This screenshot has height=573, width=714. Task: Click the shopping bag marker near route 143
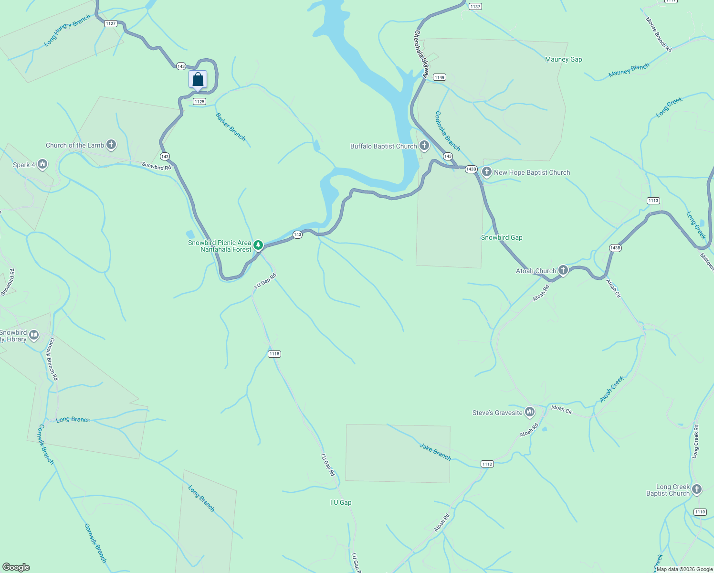pyautogui.click(x=198, y=80)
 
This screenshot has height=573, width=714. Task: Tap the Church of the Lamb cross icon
pyautogui.click(x=111, y=145)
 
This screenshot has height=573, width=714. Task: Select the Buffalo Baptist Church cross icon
pyautogui.click(x=424, y=146)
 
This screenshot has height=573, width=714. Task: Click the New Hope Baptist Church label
pyautogui.click(x=532, y=172)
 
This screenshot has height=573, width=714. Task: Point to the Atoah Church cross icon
pyautogui.click(x=563, y=270)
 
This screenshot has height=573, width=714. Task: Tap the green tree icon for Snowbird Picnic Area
pyautogui.click(x=258, y=245)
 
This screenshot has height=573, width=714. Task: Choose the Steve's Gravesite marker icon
pyautogui.click(x=529, y=412)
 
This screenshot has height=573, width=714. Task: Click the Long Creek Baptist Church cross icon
pyautogui.click(x=697, y=489)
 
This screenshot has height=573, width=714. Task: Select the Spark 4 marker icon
pyautogui.click(x=42, y=165)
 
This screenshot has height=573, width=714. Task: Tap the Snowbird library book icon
pyautogui.click(x=34, y=335)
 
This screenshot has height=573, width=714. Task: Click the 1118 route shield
pyautogui.click(x=274, y=354)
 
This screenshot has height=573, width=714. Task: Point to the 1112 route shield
pyautogui.click(x=487, y=464)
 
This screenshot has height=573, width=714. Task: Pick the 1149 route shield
pyautogui.click(x=440, y=77)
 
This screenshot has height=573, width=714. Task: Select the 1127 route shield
pyautogui.click(x=111, y=23)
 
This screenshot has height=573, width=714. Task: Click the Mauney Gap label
pyautogui.click(x=563, y=60)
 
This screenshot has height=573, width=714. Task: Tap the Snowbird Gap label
pyautogui.click(x=501, y=237)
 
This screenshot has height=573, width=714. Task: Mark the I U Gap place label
pyautogui.click(x=341, y=502)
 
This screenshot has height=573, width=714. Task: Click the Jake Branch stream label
pyautogui.click(x=435, y=452)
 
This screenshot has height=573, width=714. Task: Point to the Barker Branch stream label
pyautogui.click(x=231, y=127)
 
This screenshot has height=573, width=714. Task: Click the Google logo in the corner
pyautogui.click(x=16, y=567)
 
